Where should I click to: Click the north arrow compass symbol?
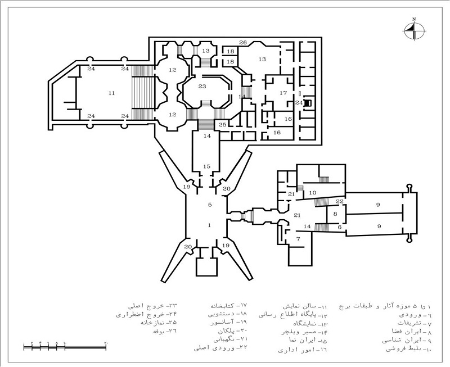tap(414, 30)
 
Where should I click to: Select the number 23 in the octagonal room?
tap(202, 86)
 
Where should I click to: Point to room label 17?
tap(283, 93)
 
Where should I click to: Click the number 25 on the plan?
tap(223, 124)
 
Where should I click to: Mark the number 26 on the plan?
tap(243, 43)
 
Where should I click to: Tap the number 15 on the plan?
tap(207, 166)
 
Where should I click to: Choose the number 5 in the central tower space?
tap(209, 205)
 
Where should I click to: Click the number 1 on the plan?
tap(209, 225)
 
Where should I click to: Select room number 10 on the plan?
tap(313, 193)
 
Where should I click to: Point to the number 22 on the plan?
tap(339, 201)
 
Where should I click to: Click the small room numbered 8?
tap(335, 214)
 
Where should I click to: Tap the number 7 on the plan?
tap(299, 239)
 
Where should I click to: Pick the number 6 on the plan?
tap(339, 226)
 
